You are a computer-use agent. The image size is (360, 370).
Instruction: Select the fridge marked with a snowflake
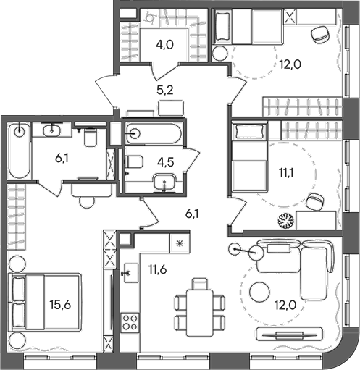click(179, 243)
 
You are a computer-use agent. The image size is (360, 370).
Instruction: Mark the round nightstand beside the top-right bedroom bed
click(220, 52)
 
